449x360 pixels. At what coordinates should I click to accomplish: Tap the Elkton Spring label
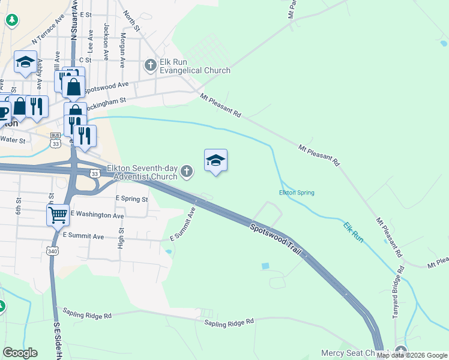pyautogui.click(x=297, y=193)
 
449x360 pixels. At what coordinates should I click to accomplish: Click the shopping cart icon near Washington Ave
pyautogui.click(x=58, y=214)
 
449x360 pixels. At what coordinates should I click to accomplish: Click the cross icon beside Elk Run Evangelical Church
pyautogui.click(x=150, y=65)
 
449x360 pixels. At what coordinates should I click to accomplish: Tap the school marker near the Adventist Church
pyautogui.click(x=215, y=160)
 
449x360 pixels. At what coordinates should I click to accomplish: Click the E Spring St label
pyautogui.click(x=131, y=199)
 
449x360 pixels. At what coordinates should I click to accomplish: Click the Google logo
pyautogui.click(x=20, y=353)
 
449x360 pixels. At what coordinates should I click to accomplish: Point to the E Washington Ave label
pyautogui.click(x=97, y=215)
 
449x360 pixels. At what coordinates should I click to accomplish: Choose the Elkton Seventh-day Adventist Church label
pyautogui.click(x=142, y=172)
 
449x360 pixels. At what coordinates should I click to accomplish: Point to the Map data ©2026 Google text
pyautogui.click(x=412, y=355)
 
